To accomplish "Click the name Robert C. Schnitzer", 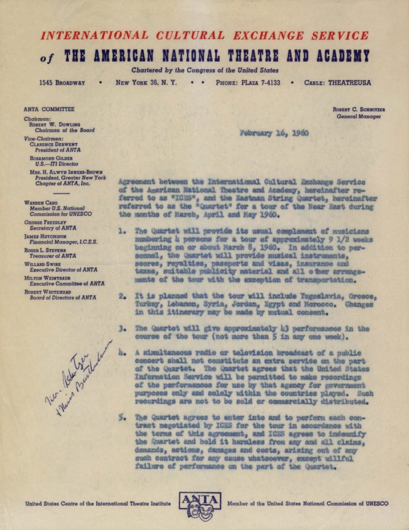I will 358,109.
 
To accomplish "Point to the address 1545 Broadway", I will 62,82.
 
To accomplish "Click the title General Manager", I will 359,116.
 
